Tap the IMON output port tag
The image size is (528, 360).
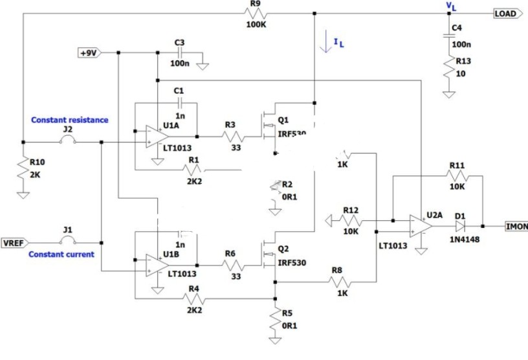click(x=516, y=227)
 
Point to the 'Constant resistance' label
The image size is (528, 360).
click(x=70, y=120)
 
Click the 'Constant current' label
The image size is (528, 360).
click(x=61, y=254)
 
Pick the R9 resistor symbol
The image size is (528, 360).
click(x=254, y=14)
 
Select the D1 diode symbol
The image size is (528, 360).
click(x=461, y=227)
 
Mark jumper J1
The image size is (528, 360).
click(x=68, y=243)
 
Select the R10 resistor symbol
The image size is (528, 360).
click(x=23, y=170)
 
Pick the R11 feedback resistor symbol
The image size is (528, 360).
click(x=457, y=176)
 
